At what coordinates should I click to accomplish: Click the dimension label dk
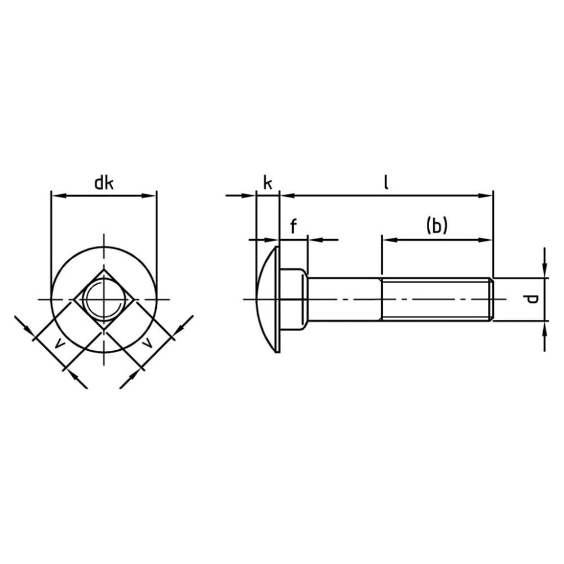tap(104, 183)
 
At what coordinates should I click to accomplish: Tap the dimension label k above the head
tap(267, 183)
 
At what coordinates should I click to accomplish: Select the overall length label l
tap(386, 182)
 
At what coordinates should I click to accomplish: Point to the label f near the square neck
tap(293, 227)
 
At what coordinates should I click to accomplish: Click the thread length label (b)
tap(437, 226)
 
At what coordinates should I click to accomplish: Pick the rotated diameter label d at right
tap(530, 299)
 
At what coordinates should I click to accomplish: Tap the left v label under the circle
tap(60, 345)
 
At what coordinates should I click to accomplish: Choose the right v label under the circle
tap(147, 345)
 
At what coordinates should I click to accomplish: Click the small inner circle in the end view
tap(104, 299)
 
